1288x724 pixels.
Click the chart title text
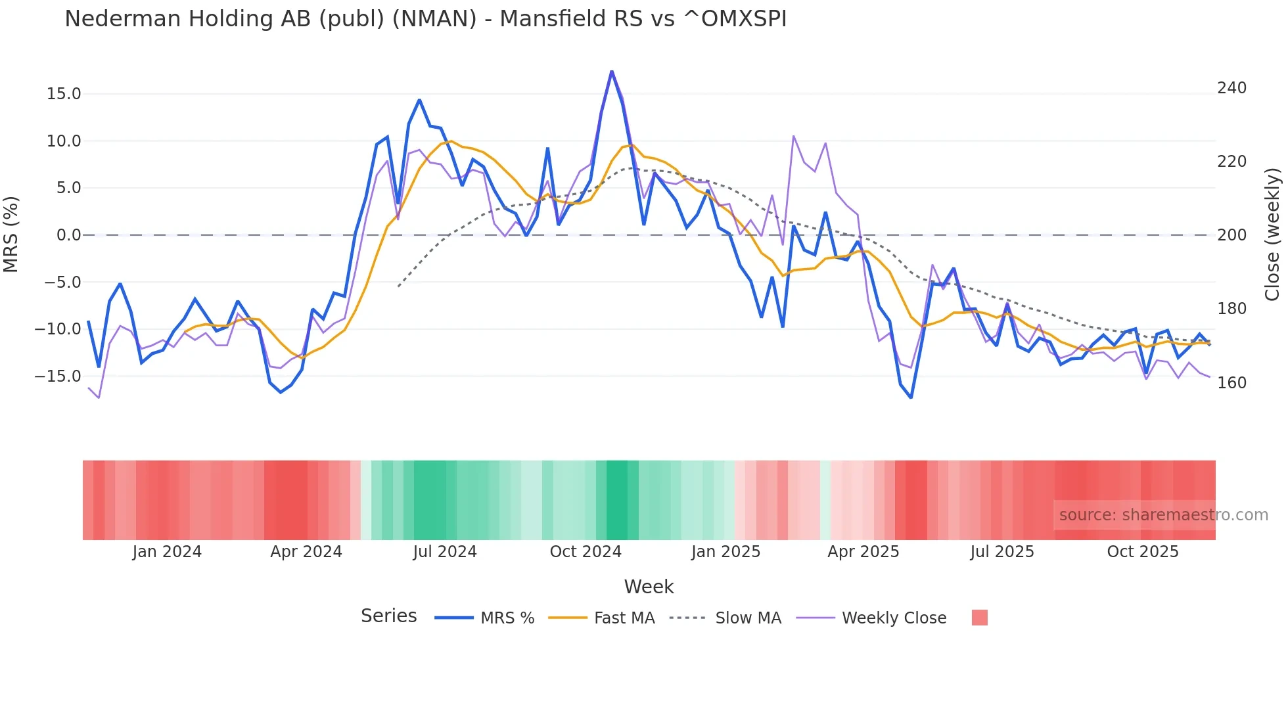point(425,19)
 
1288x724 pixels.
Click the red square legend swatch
point(979,618)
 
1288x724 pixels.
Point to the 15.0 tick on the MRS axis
point(64,94)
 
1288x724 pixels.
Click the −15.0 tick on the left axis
point(58,376)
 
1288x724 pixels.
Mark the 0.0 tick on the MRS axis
point(68,235)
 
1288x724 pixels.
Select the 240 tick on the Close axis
point(1231,88)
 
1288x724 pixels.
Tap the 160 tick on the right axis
point(1231,383)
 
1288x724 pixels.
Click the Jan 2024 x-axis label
point(167,552)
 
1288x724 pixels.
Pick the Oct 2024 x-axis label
point(586,552)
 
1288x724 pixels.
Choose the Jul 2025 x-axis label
point(1002,552)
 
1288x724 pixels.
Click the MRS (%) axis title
point(11,234)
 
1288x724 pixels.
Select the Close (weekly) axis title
point(1272,234)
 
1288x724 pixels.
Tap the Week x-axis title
point(649,587)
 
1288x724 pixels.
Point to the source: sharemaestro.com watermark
point(1163,515)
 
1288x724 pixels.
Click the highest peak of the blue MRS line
point(612,71)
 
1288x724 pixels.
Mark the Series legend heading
point(388,616)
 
